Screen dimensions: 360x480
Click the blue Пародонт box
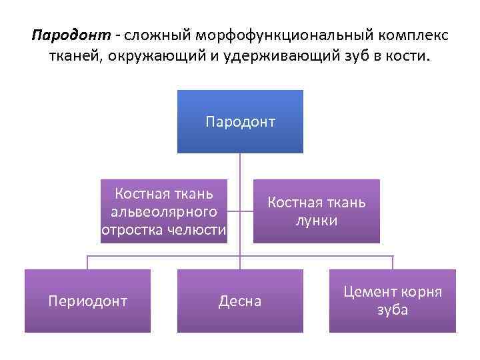[x=240, y=121]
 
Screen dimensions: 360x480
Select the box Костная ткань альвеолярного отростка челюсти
[x=164, y=211]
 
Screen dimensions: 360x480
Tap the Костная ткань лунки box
[x=317, y=211]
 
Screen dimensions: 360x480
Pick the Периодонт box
[x=87, y=301]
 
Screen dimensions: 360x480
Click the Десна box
[x=240, y=301]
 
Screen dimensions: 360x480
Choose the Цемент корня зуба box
[x=393, y=301]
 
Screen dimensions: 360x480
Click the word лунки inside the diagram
[x=317, y=221]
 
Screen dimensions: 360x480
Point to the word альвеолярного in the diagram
[x=164, y=212]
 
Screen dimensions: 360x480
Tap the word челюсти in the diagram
[x=197, y=230]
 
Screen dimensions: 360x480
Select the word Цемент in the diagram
[x=371, y=292]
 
